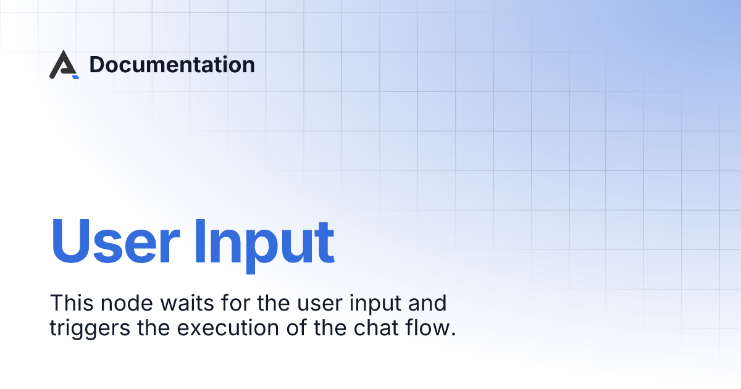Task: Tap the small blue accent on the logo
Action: (x=75, y=77)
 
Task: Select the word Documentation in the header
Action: (x=172, y=65)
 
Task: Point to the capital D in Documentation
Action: (x=96, y=65)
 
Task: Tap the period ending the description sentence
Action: (x=454, y=334)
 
